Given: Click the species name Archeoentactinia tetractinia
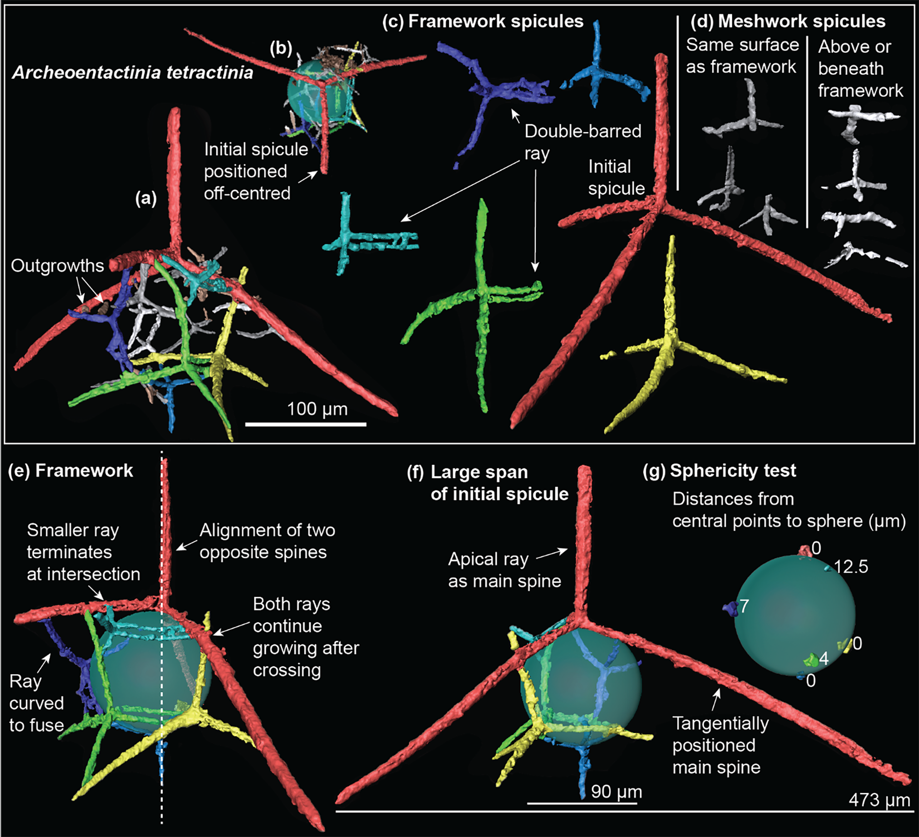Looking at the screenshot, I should [x=133, y=73].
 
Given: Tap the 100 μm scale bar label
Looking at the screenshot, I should [x=317, y=409].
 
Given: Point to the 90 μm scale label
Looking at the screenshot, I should [x=616, y=792].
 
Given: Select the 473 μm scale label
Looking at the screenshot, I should [x=879, y=800].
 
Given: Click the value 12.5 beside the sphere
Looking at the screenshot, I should [x=851, y=567].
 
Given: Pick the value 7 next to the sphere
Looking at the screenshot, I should [x=744, y=606].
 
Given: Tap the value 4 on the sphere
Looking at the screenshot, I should [x=824, y=659].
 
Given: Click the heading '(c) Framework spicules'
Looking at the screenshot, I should [x=483, y=22].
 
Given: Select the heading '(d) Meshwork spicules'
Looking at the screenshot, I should [x=788, y=22].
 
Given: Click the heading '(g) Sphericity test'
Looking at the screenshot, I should [x=719, y=470].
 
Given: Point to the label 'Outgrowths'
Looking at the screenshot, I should [x=57, y=265].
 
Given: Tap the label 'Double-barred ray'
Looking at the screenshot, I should [x=582, y=142].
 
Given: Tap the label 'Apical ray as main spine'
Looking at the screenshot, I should [x=505, y=570].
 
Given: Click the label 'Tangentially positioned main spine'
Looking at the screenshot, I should [x=720, y=745].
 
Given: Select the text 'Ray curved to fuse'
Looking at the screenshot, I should [x=37, y=703].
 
